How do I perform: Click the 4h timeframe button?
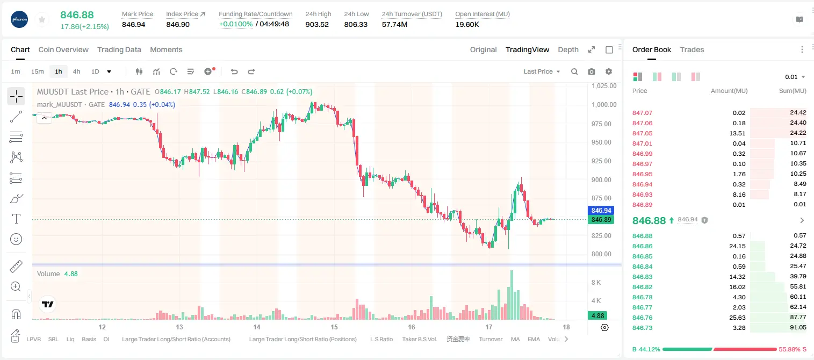(x=76, y=71)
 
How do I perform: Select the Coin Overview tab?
(x=63, y=49)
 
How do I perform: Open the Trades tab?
(x=692, y=49)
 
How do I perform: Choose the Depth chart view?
(x=568, y=49)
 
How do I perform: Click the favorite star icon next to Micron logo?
(x=42, y=20)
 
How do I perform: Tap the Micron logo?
(x=19, y=20)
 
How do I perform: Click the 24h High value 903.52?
(x=317, y=24)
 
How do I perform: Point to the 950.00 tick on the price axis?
(x=601, y=142)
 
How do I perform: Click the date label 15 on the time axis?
(x=334, y=327)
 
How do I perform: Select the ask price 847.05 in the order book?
(x=642, y=133)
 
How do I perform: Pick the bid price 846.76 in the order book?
(x=642, y=318)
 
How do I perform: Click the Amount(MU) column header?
(x=729, y=91)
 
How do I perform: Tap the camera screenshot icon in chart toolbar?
(x=592, y=71)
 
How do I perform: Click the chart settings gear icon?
(x=609, y=71)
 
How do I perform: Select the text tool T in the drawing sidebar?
(x=16, y=219)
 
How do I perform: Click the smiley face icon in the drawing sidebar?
(x=16, y=239)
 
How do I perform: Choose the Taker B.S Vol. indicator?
(x=419, y=339)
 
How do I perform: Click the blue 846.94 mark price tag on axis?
(x=601, y=210)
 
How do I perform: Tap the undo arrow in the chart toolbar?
(x=234, y=71)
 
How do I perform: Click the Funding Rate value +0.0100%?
(x=235, y=24)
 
